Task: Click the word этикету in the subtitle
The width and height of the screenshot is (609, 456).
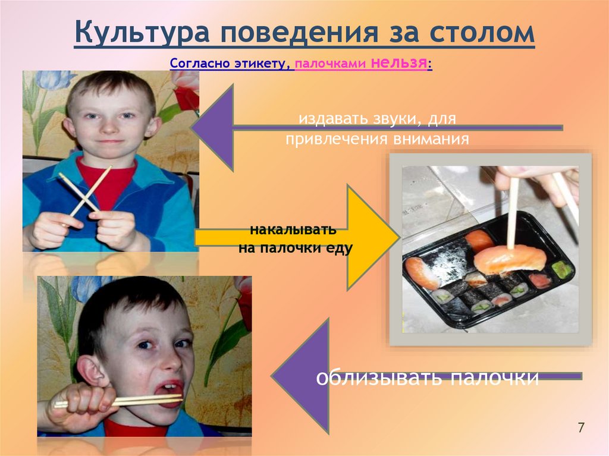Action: pyautogui.click(x=263, y=64)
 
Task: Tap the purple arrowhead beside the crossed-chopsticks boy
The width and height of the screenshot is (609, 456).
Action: pyautogui.click(x=214, y=126)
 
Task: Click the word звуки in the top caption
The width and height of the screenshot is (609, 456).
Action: pyautogui.click(x=389, y=119)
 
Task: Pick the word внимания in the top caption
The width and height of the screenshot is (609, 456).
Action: pyautogui.click(x=432, y=139)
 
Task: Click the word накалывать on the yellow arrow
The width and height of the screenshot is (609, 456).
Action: pyautogui.click(x=293, y=229)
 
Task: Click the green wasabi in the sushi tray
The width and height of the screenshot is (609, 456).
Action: pyautogui.click(x=561, y=269)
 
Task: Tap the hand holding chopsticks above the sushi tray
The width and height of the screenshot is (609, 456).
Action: pyautogui.click(x=535, y=178)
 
